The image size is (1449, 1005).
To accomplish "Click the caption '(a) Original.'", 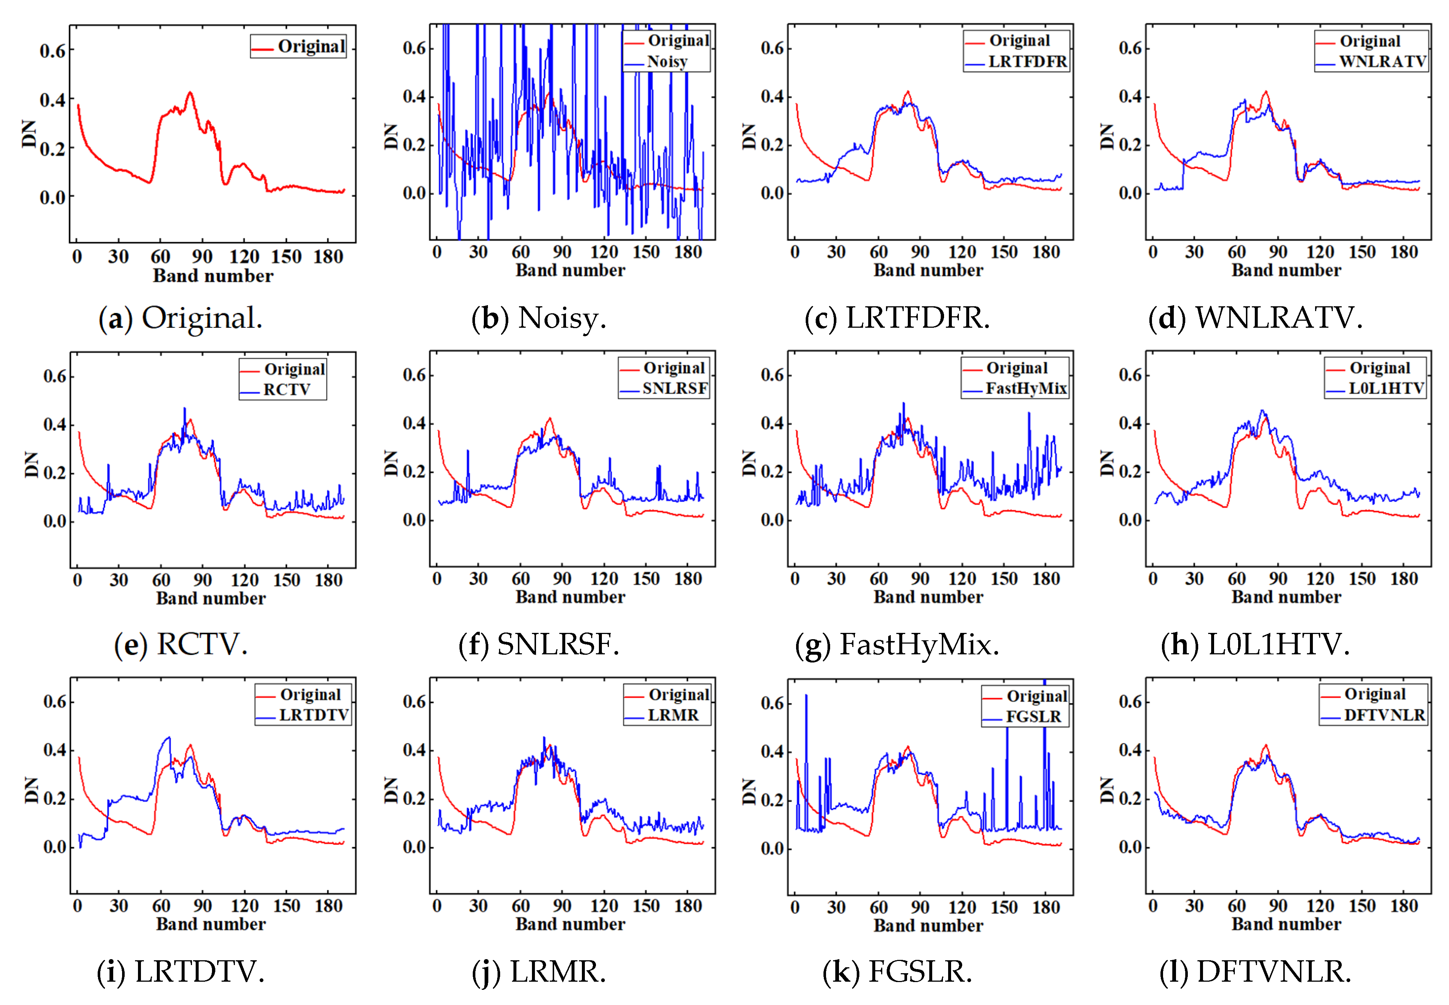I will point(180,318).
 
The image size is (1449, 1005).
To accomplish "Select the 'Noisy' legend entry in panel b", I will point(667,62).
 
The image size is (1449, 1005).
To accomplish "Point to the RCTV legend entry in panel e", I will point(287,390).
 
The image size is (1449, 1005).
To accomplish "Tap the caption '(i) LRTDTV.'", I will point(180,972).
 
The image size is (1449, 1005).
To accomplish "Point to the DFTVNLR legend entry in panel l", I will point(1384,715).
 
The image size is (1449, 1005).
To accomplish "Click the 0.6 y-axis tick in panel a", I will point(53,51).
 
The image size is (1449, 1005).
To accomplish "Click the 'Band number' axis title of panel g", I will point(928,597).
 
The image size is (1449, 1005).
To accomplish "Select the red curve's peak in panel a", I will point(189,93).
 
